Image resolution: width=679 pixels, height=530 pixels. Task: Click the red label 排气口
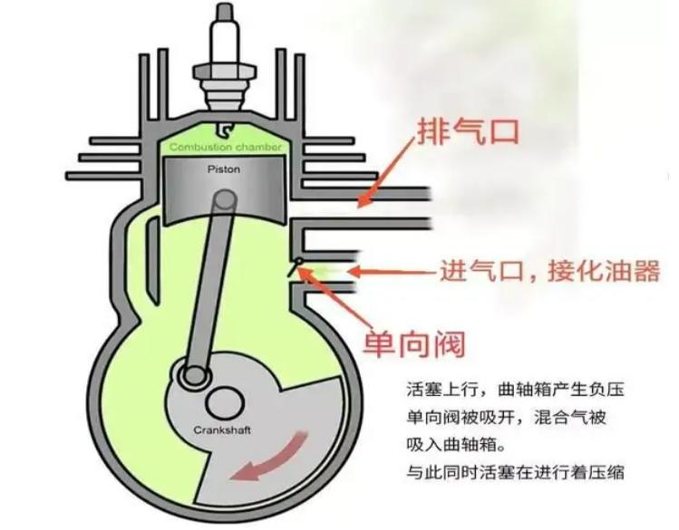coord(469,130)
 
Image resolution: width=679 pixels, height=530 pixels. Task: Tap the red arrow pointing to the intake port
coord(390,270)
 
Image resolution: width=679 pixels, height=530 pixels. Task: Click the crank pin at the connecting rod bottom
coord(191,372)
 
